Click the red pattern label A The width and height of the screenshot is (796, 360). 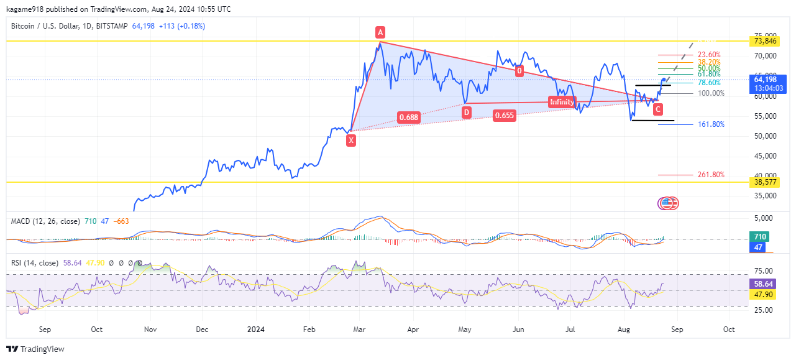click(x=380, y=32)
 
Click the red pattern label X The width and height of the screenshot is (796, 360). click(x=351, y=141)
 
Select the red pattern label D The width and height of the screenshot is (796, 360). click(x=466, y=112)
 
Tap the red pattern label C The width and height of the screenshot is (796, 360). click(x=658, y=109)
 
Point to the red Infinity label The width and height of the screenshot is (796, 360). click(x=562, y=102)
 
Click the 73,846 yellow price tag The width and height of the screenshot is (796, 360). click(x=765, y=41)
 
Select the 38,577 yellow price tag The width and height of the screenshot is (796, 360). click(x=765, y=182)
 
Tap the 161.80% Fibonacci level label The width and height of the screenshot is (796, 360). click(x=711, y=124)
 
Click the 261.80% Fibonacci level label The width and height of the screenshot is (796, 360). click(x=711, y=175)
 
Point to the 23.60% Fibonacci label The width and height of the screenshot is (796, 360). click(x=709, y=55)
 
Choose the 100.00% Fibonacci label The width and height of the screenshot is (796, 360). click(x=711, y=93)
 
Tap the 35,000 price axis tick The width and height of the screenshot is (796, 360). click(x=765, y=195)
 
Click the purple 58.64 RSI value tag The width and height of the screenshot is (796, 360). click(x=764, y=283)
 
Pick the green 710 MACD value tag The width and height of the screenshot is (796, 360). click(x=760, y=237)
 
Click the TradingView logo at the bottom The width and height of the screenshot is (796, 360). click(x=35, y=349)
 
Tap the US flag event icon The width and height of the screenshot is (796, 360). click(x=666, y=203)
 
